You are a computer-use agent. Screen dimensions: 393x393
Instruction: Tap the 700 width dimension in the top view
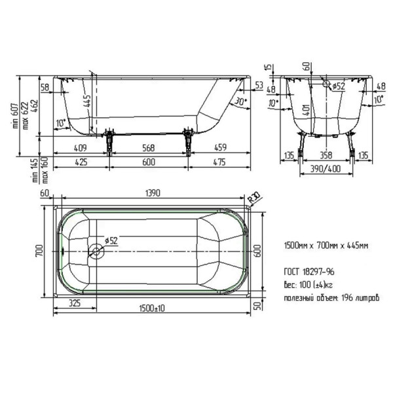coord(39,250)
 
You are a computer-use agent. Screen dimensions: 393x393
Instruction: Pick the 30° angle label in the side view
coord(240,102)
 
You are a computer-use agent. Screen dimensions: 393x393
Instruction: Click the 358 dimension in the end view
coord(326,156)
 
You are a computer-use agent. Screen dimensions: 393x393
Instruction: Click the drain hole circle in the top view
coord(97,250)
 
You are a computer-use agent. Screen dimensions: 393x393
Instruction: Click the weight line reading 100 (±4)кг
coord(310,284)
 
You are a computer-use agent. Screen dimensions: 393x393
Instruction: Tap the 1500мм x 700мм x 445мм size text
coord(326,246)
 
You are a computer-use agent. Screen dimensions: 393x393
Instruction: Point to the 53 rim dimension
coord(259,85)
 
